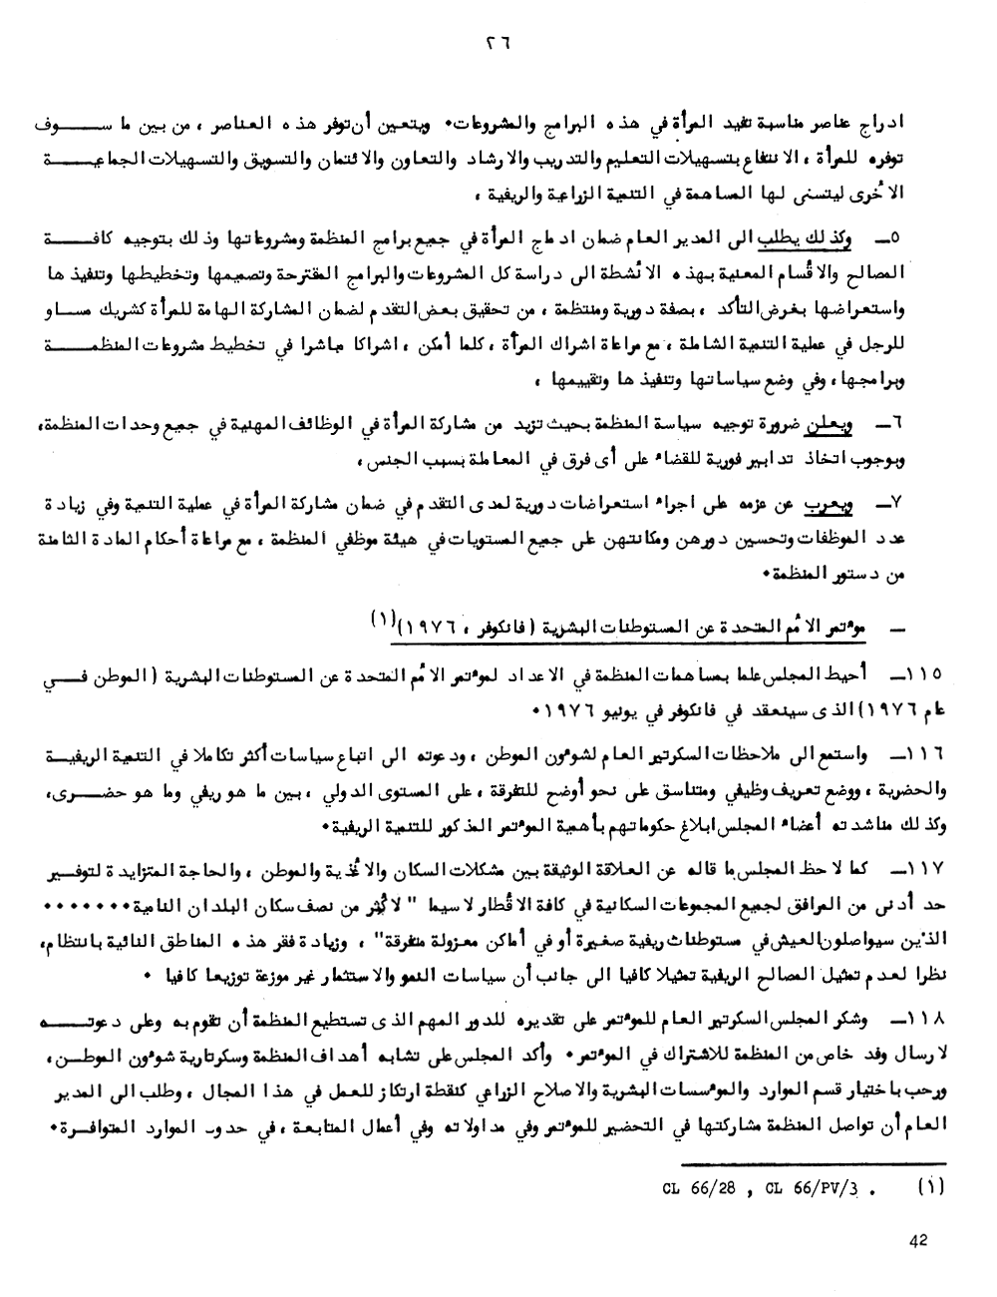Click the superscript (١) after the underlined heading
coord(381,619)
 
